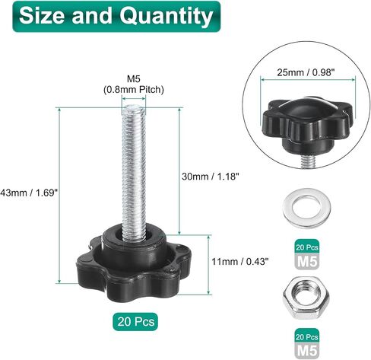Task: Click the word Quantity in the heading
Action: [166, 16]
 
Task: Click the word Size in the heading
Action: [43, 16]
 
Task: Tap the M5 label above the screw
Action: [133, 79]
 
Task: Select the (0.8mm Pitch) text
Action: [133, 90]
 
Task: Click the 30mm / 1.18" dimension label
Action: [211, 177]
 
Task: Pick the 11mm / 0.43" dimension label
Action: [240, 261]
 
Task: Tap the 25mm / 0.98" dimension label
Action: [304, 72]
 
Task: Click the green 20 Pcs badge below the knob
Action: [135, 322]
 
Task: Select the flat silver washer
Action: [306, 208]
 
